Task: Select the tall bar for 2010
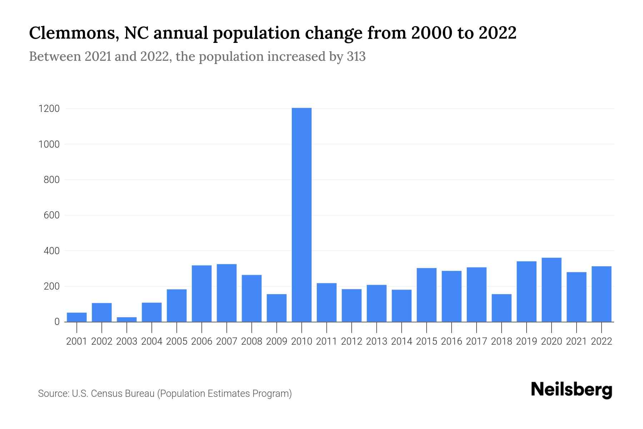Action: pos(301,214)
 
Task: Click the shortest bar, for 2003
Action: pos(127,319)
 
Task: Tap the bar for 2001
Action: pos(77,317)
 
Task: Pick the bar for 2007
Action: pos(226,293)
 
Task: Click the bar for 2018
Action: pos(502,308)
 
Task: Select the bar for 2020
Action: pos(551,290)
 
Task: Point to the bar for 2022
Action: pos(601,294)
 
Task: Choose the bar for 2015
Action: pos(427,295)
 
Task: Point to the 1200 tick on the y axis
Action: pos(49,109)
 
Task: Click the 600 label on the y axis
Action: pos(51,216)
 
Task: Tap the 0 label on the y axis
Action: pos(57,322)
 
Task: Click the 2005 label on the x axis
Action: pos(177,341)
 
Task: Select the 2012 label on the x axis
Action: pos(352,341)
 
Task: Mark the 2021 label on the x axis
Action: pos(576,341)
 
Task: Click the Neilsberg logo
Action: pos(572,390)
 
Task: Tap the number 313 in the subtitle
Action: pos(356,56)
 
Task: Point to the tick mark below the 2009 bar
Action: pos(277,327)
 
